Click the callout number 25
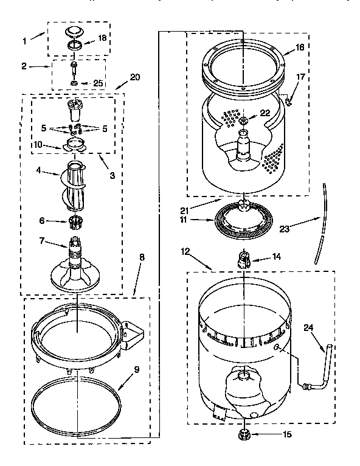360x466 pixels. (99, 83)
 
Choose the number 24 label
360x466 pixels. (308, 327)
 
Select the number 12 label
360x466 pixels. (185, 250)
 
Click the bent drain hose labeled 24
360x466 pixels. (322, 371)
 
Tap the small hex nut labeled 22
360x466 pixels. (243, 120)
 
